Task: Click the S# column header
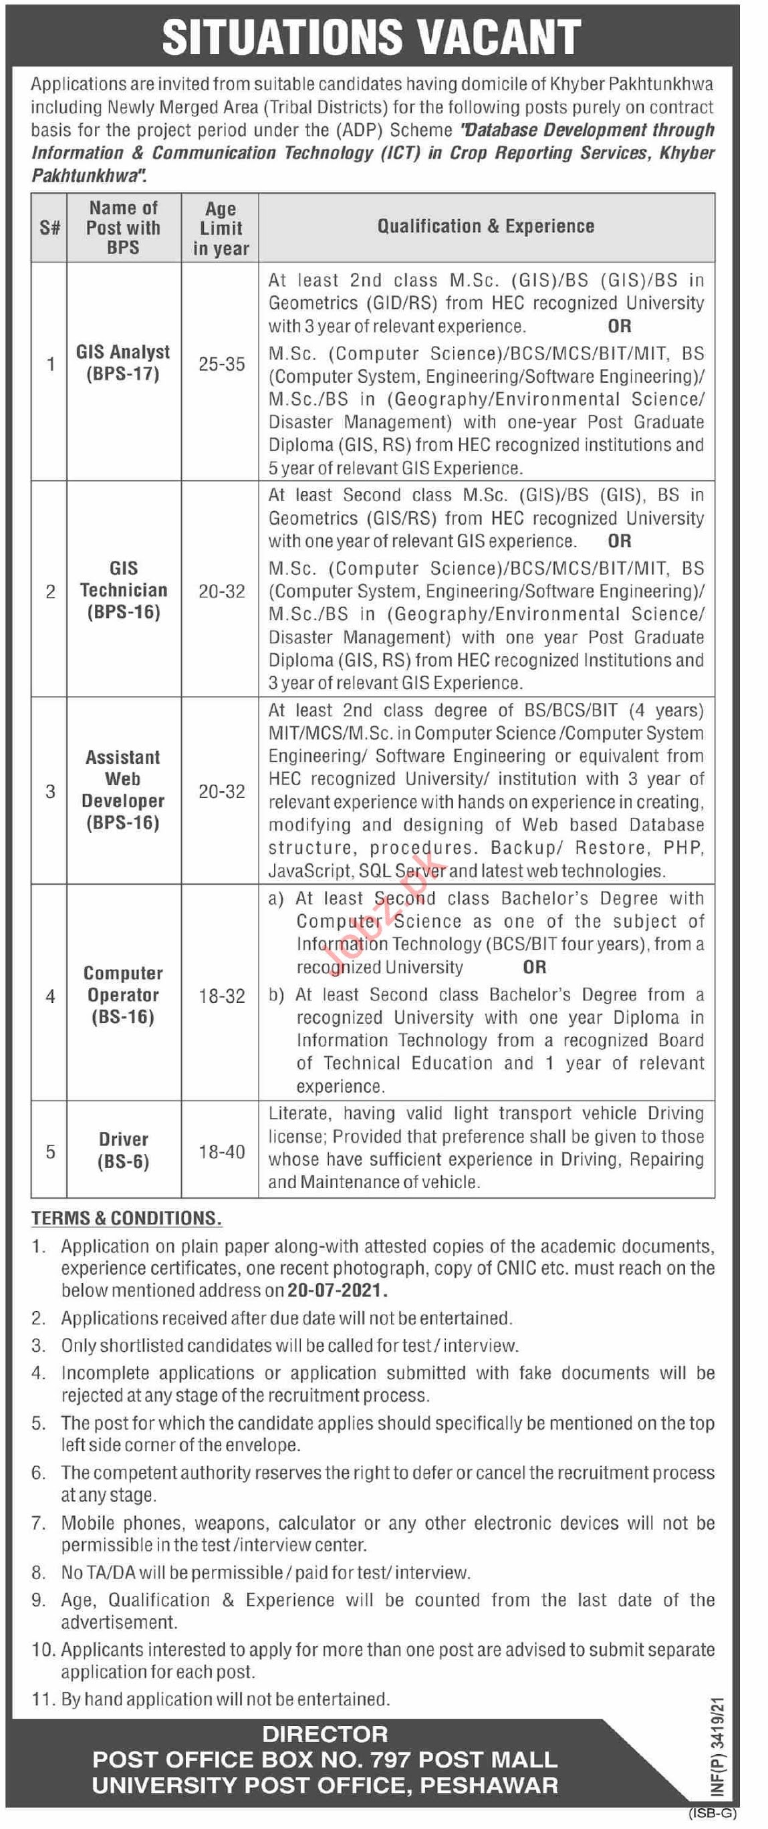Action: [49, 228]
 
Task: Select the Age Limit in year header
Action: [221, 229]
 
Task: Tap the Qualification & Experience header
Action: [486, 227]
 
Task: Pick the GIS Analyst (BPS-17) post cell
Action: [123, 363]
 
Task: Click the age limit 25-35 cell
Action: [222, 364]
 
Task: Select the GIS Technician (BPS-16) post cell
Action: [124, 590]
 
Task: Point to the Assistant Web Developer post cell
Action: [123, 790]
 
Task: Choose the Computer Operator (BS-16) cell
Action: [123, 995]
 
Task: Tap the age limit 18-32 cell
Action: [222, 996]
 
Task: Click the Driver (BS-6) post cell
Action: [123, 1150]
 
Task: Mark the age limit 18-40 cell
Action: [222, 1151]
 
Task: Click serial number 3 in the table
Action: [50, 791]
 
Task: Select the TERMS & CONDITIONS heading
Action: [126, 1218]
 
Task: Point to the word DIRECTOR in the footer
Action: [325, 1734]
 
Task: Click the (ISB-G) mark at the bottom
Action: [713, 1814]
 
